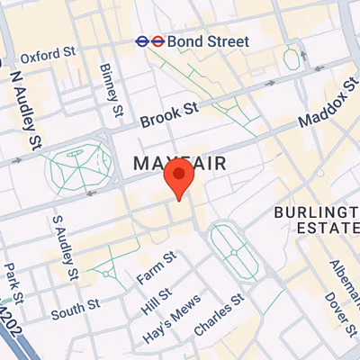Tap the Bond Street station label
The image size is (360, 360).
[207, 40]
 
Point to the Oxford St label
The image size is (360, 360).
[48, 55]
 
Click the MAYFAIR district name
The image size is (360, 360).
[178, 163]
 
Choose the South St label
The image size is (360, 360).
[75, 309]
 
